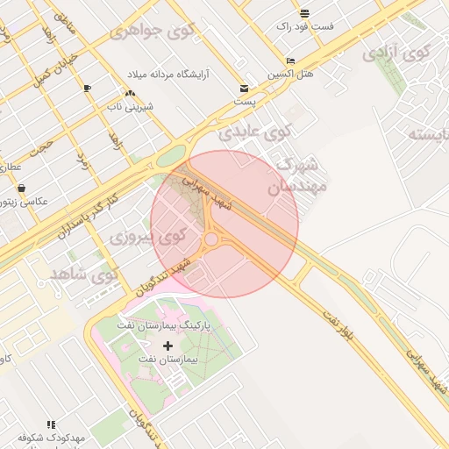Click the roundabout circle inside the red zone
click(210, 239)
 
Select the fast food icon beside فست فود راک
click(304, 13)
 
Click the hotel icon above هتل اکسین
click(290, 61)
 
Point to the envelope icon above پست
click(244, 89)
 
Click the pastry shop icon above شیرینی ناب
click(130, 93)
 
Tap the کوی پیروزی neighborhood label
click(148, 237)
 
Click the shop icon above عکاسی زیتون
click(21, 188)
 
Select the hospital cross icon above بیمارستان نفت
click(167, 346)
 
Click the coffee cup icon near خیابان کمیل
click(87, 89)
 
